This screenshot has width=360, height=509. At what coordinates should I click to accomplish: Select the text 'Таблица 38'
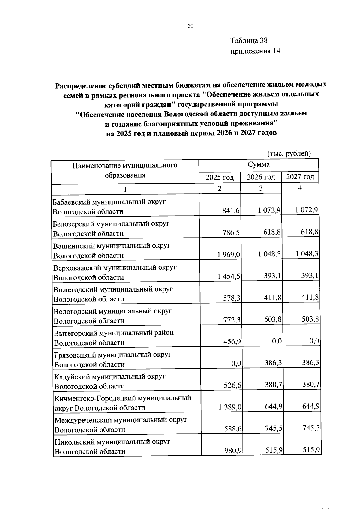[249, 40]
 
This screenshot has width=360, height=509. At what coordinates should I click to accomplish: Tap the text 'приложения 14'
[255, 51]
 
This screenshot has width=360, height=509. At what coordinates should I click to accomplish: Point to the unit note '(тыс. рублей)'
[289, 154]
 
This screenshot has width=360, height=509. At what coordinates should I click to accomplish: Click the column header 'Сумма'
[259, 164]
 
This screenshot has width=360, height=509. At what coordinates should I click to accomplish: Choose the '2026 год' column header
[261, 177]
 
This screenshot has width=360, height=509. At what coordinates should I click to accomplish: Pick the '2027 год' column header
[300, 177]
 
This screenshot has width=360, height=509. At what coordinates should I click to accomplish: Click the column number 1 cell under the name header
[125, 189]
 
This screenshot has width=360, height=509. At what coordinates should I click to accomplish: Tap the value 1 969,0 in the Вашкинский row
[229, 254]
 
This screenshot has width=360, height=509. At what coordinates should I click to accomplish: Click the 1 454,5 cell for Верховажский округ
[229, 276]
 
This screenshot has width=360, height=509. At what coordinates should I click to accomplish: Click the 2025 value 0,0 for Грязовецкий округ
[236, 364]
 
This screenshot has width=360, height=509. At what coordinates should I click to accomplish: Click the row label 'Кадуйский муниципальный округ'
[109, 376]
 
